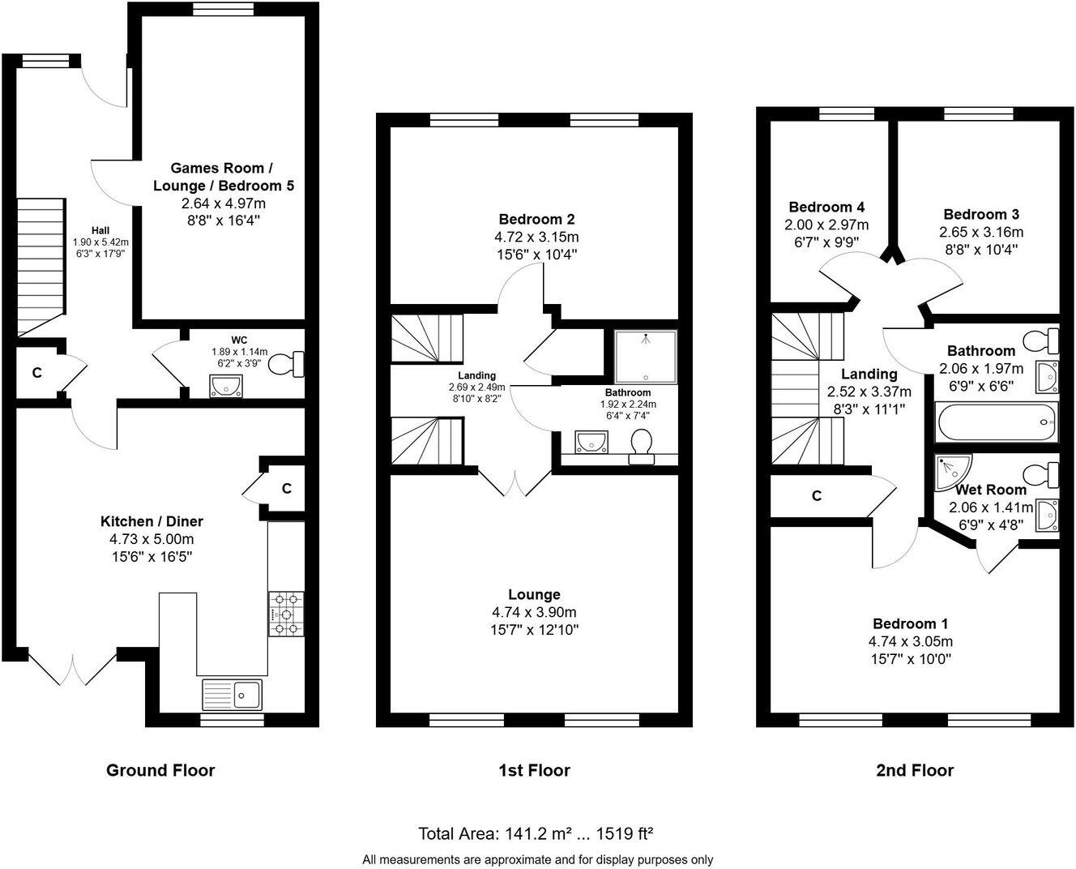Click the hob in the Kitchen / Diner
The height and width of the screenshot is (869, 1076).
[x=285, y=614]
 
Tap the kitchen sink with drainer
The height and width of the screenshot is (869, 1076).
[x=232, y=694]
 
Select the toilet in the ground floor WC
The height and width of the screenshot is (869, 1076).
[x=286, y=364]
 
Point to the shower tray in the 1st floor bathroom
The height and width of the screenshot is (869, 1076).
[x=645, y=357]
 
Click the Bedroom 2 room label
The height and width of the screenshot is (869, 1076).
[x=536, y=219]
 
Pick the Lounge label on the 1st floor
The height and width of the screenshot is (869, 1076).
[x=534, y=594]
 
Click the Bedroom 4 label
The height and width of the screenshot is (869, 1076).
[x=821, y=207]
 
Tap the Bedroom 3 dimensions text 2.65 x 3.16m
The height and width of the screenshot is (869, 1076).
[x=980, y=232]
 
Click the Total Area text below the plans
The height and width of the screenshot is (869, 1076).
[x=536, y=833]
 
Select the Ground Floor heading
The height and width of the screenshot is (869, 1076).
[x=160, y=770]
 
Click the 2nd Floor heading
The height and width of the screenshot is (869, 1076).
[x=914, y=770]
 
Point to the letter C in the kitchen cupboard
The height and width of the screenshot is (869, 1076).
[x=286, y=488]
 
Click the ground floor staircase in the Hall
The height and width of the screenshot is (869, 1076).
[x=41, y=266]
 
